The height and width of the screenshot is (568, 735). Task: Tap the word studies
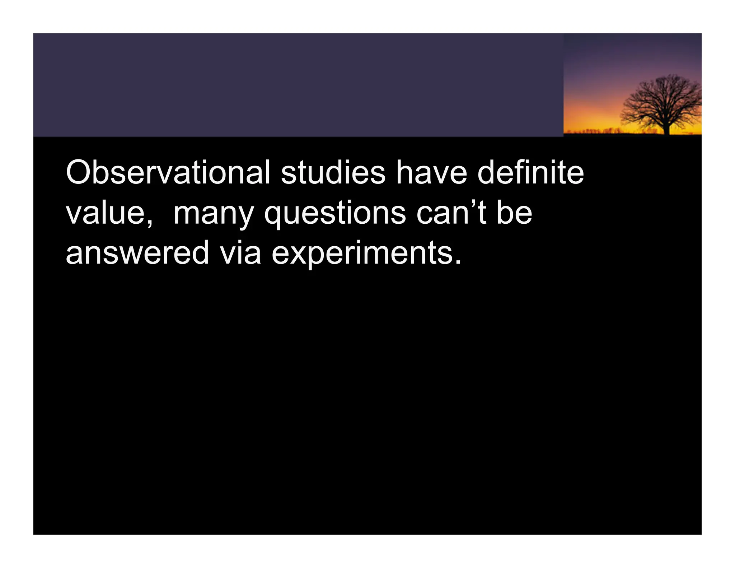333,173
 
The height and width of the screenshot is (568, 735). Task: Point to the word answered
137,253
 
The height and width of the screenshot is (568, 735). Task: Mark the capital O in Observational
79,173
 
